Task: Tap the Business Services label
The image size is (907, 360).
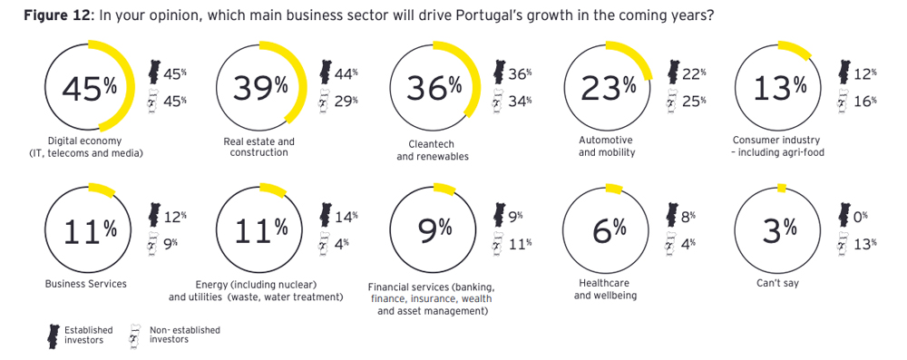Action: [x=86, y=284]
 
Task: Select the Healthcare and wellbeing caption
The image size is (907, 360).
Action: [x=605, y=289]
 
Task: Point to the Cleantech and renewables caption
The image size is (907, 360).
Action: [x=433, y=150]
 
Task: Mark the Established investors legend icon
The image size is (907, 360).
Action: [x=53, y=335]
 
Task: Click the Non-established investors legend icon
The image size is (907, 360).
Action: [x=136, y=335]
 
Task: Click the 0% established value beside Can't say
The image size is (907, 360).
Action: [x=860, y=216]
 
